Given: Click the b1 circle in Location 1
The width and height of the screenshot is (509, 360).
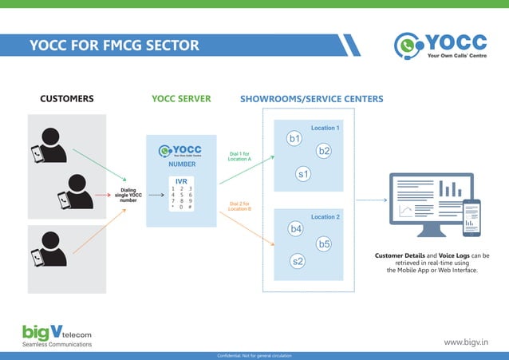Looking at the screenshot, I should tap(295, 139).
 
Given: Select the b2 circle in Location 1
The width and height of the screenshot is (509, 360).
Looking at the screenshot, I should tap(324, 150).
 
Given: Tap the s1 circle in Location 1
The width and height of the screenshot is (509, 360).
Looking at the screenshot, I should tap(303, 173).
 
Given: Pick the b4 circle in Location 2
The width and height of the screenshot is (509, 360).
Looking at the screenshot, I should tap(296, 229).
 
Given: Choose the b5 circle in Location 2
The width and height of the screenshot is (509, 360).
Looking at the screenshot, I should tap(324, 244).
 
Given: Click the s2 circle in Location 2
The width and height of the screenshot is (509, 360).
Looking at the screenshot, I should tap(298, 261).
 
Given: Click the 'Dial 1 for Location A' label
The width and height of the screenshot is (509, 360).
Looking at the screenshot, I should tap(239, 156).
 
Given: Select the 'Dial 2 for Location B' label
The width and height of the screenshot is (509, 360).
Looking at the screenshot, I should tap(239, 206).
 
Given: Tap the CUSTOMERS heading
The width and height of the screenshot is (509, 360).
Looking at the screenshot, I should tap(67, 99).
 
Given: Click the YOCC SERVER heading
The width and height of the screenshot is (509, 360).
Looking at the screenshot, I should tap(181, 99).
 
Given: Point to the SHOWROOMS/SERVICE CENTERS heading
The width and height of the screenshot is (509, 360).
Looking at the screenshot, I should tap(311, 99).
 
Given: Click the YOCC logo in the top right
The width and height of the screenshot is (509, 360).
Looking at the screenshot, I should tap(441, 45).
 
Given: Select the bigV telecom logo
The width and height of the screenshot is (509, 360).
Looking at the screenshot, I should tap(57, 334).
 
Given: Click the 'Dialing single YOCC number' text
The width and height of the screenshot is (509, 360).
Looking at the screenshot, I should tap(128, 195).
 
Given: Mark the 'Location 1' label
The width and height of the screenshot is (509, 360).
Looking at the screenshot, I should tap(325, 128).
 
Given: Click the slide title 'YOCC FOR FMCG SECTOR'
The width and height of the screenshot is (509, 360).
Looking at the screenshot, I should tap(114, 45).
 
